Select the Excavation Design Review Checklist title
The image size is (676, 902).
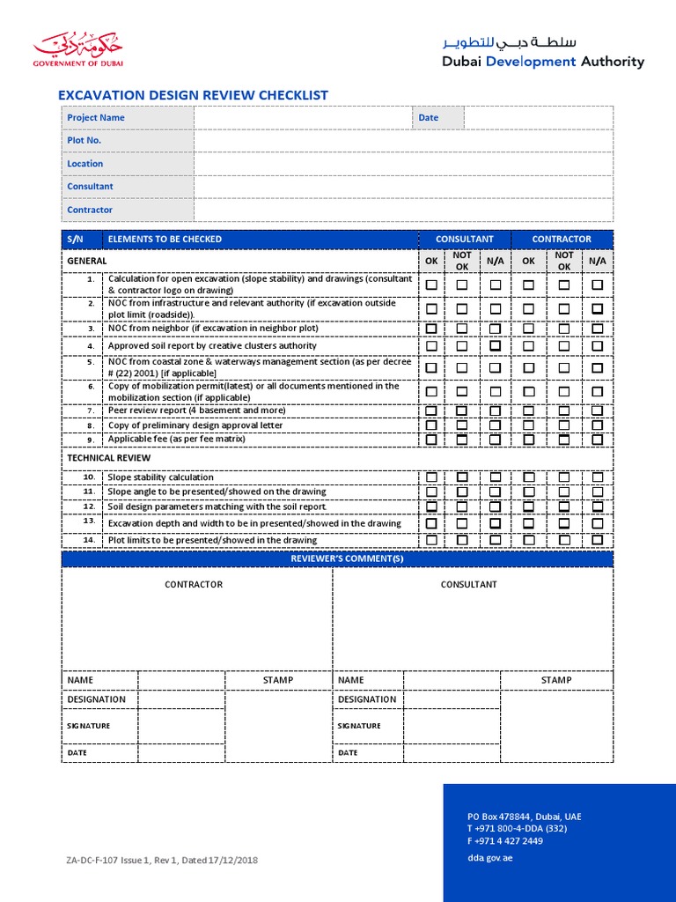[x=193, y=95]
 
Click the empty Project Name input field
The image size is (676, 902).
[x=303, y=117]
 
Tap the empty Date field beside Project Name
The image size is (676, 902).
[x=538, y=117]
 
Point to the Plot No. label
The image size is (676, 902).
[x=84, y=140]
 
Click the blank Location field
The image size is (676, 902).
[x=403, y=164]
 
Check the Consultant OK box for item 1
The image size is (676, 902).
[x=431, y=285]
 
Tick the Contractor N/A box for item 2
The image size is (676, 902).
[x=598, y=308]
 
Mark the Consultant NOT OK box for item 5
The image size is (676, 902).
[x=462, y=367]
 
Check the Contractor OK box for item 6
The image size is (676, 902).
[x=528, y=391]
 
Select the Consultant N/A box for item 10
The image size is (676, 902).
[x=496, y=477]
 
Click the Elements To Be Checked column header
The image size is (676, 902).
[x=165, y=239]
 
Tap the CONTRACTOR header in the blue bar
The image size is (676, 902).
[x=562, y=239]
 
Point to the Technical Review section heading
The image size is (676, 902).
[x=109, y=458]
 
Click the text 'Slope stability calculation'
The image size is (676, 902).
[x=160, y=477]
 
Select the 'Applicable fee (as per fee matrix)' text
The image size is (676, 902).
[x=176, y=439]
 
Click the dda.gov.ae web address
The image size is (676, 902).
[x=489, y=858]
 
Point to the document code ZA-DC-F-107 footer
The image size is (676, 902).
[x=162, y=860]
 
